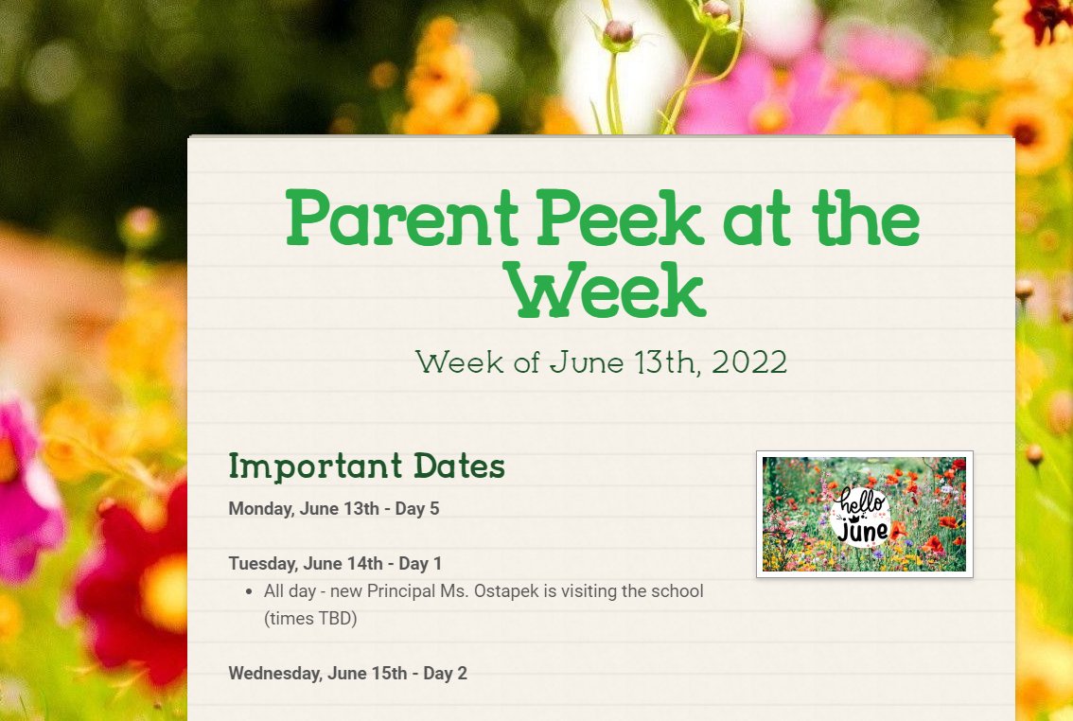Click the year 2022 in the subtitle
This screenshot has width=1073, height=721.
coord(749,362)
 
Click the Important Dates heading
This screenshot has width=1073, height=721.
coord(366,466)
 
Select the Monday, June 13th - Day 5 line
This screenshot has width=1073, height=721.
coord(333,509)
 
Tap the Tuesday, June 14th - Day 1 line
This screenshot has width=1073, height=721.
coord(335,564)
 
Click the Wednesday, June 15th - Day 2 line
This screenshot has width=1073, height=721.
coord(347,674)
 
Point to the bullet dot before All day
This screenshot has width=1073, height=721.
coord(249,592)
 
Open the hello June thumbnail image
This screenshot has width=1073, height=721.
coord(864,514)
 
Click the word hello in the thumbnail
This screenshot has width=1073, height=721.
coord(861,501)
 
